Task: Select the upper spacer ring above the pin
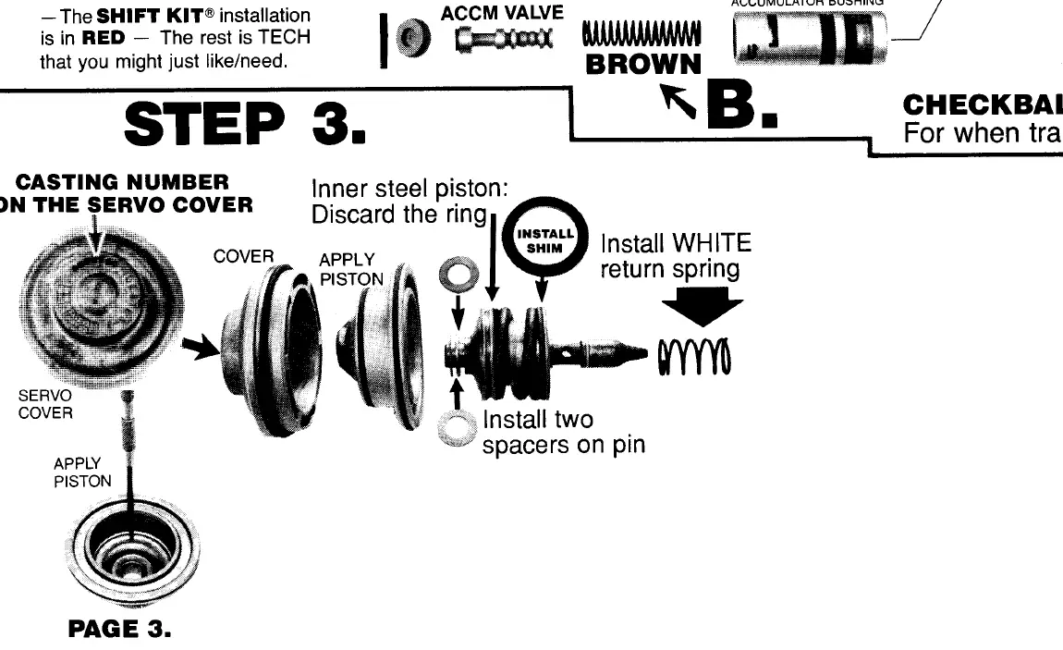point(455,275)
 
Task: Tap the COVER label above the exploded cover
point(239,256)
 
